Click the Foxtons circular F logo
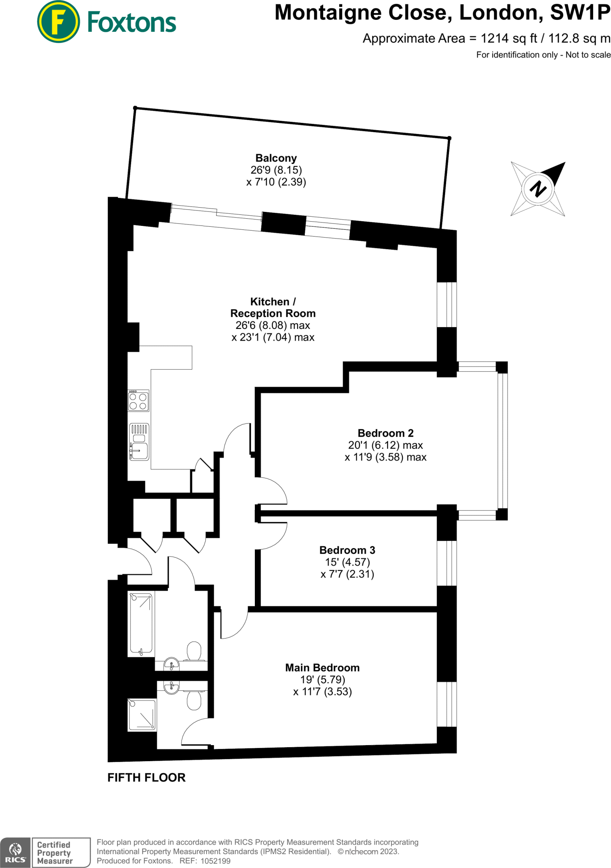click(x=59, y=22)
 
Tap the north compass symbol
click(x=538, y=189)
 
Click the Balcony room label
click(x=276, y=159)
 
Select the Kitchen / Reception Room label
click(x=273, y=308)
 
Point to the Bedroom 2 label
click(x=385, y=433)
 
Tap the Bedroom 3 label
click(x=347, y=550)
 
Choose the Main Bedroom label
click(x=322, y=668)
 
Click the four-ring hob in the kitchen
click(x=138, y=401)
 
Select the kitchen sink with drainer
click(x=139, y=442)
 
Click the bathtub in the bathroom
click(x=141, y=624)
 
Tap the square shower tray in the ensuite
click(x=142, y=715)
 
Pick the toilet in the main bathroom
click(x=194, y=651)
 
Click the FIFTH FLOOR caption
click(x=146, y=778)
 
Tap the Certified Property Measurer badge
click(x=61, y=853)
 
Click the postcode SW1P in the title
click(x=580, y=13)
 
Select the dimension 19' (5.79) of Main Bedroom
click(x=322, y=680)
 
